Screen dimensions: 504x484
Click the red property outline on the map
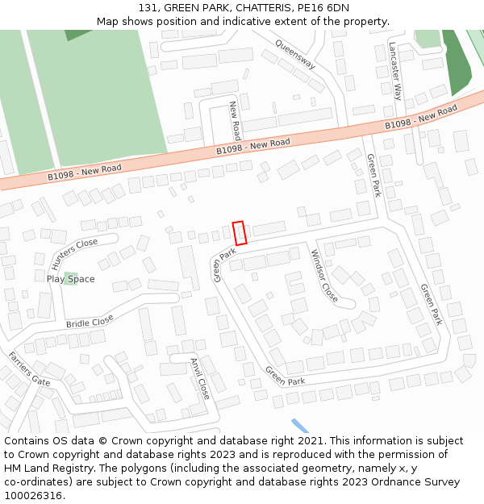[x=239, y=233]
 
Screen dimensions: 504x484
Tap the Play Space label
[x=70, y=279]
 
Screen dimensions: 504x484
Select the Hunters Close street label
[x=74, y=253]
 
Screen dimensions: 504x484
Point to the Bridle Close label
[x=90, y=322]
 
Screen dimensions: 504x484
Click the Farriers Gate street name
[x=29, y=369]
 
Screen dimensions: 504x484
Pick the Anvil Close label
[x=200, y=377]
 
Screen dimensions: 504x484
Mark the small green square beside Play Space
[x=71, y=277]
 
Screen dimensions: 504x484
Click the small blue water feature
[x=300, y=426]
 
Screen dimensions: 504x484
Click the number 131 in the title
[x=160, y=8]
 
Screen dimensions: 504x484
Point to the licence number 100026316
[x=32, y=495]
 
